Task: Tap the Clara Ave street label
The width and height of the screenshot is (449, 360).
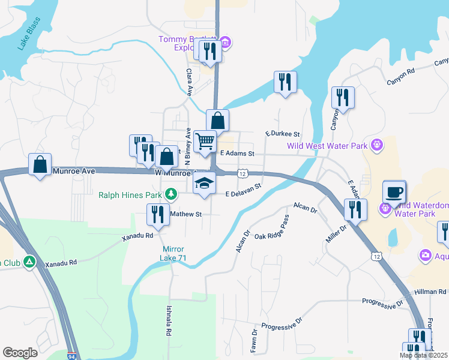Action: click(188, 82)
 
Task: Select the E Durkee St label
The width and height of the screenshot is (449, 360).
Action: click(282, 134)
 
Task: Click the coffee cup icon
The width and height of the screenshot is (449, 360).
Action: click(394, 192)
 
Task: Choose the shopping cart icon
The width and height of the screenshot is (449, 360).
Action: click(205, 142)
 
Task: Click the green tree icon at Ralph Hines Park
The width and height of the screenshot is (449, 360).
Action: click(171, 194)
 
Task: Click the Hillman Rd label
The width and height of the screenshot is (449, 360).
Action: click(430, 292)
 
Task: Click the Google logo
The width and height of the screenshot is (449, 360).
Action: click(20, 353)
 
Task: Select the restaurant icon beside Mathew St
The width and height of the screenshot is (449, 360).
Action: click(157, 215)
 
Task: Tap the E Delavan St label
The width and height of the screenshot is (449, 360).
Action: click(244, 191)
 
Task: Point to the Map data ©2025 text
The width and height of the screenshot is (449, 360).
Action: click(423, 355)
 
